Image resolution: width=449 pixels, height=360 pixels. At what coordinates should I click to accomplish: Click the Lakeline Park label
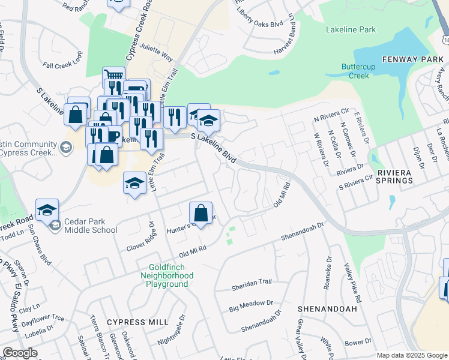[351, 29]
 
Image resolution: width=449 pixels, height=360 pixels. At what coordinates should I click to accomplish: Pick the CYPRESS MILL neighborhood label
[137, 322]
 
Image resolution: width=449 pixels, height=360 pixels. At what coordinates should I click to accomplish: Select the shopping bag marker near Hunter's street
[200, 213]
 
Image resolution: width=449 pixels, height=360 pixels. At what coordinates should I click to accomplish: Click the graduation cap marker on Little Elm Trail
[134, 183]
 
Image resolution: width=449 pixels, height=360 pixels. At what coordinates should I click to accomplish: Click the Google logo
[19, 353]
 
